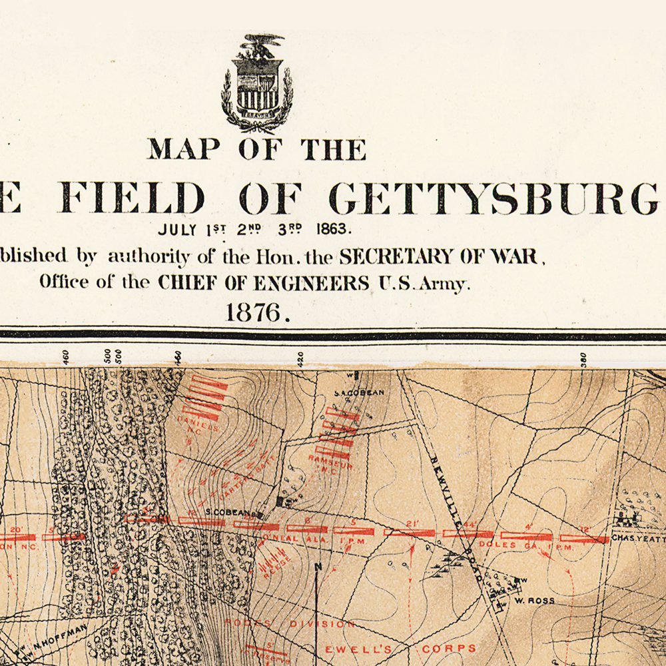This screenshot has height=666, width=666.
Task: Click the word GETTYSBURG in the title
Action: [x=494, y=198]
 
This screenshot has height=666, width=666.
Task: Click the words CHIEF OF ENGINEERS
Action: [x=263, y=282]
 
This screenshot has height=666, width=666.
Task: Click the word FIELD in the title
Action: [x=133, y=198]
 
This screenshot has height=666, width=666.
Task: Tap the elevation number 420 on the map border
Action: [x=300, y=359]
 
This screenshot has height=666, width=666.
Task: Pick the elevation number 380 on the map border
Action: [x=583, y=359]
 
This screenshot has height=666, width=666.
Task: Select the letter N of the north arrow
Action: [x=318, y=567]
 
